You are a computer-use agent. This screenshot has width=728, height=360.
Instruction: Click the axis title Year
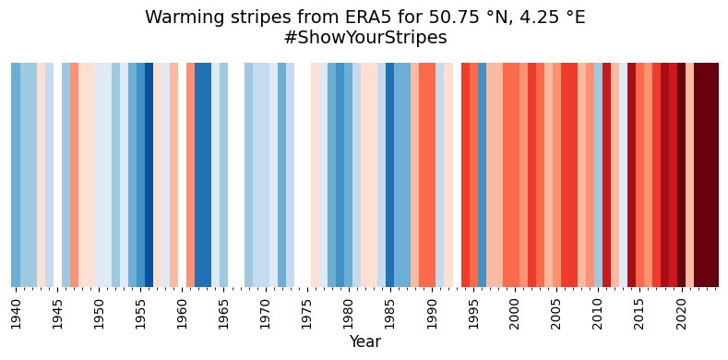(x=364, y=342)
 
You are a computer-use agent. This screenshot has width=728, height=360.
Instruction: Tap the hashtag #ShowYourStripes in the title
(x=364, y=38)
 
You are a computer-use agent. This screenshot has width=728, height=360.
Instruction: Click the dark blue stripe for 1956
(x=149, y=175)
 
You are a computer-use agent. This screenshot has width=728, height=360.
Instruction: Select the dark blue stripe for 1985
(x=390, y=175)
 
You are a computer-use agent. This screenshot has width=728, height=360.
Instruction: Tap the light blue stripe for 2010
(x=598, y=175)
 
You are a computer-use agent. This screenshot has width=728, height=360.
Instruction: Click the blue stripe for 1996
(x=482, y=175)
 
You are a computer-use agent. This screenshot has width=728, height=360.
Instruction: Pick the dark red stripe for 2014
(x=631, y=175)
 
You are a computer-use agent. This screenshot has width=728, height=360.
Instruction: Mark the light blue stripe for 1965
(x=224, y=175)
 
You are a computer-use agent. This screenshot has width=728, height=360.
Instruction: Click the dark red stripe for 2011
(x=606, y=175)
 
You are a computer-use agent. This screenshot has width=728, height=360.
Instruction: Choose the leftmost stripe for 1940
(x=16, y=175)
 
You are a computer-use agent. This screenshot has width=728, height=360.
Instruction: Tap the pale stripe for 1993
(x=457, y=175)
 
